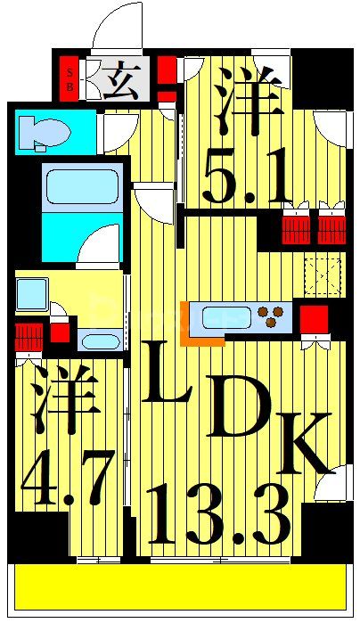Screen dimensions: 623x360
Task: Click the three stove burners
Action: (274, 314)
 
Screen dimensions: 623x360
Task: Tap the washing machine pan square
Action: (32, 291)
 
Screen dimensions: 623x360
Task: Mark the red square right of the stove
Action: (313, 318)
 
